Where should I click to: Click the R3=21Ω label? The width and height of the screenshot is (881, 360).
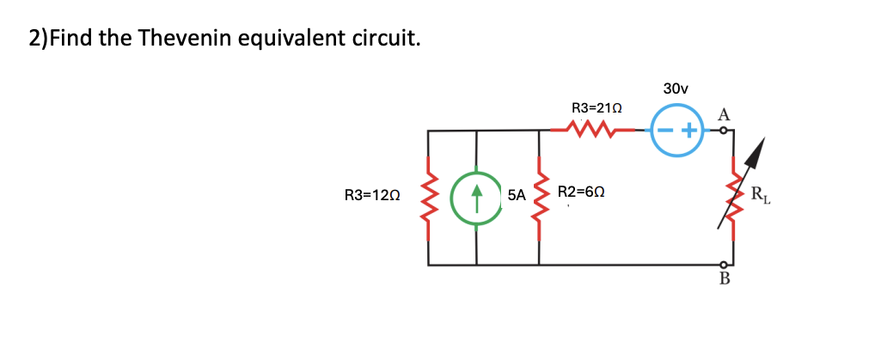pyautogui.click(x=597, y=108)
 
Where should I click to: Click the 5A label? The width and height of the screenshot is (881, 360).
pyautogui.click(x=517, y=195)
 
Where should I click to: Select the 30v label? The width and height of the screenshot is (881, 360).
pyautogui.click(x=676, y=88)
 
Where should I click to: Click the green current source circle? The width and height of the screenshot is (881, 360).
pyautogui.click(x=477, y=198)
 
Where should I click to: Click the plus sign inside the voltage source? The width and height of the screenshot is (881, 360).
pyautogui.click(x=689, y=131)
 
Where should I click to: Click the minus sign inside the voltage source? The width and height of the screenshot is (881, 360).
pyautogui.click(x=666, y=131)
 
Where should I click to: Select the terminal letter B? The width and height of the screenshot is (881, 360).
pyautogui.click(x=724, y=278)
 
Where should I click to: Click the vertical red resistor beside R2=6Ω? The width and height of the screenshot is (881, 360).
pyautogui.click(x=540, y=198)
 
